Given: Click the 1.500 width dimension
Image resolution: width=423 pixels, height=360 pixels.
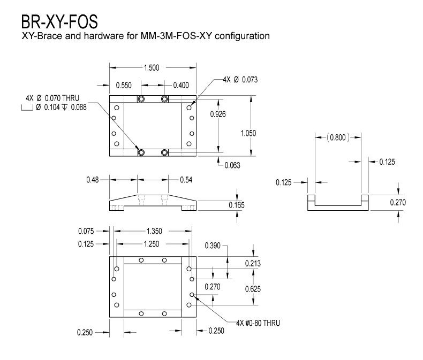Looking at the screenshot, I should coord(153,68).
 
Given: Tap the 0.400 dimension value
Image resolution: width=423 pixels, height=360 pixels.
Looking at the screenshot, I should coord(181,85).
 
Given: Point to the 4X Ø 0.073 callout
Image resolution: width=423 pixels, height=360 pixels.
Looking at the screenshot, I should coord(241,80).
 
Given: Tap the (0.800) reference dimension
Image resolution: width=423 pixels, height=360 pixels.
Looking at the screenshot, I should coord(337,137).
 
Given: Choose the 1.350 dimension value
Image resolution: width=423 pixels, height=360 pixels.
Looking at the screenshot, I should coord(152,232).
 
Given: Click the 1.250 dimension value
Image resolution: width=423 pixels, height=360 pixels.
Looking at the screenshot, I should coord(152,244).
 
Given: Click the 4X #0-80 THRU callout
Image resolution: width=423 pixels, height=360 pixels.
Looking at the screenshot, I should coord(258,323).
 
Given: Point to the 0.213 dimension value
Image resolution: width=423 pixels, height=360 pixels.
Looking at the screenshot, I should coord(253,263).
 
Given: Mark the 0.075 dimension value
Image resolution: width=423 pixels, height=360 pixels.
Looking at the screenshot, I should coord(86,232).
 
